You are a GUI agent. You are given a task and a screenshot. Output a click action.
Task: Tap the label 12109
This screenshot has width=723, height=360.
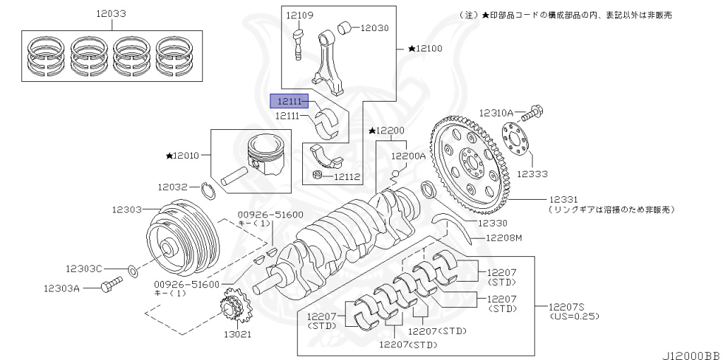pos(300,15)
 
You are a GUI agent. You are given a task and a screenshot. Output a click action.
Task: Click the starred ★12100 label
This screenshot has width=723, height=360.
pos(425,49)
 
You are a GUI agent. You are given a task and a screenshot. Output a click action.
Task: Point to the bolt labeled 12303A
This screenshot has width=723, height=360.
pos(112,284)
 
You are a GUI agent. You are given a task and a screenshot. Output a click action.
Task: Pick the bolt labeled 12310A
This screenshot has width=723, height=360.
pos(538,112)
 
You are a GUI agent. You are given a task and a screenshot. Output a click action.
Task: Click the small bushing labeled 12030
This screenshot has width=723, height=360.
pos(345,28)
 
